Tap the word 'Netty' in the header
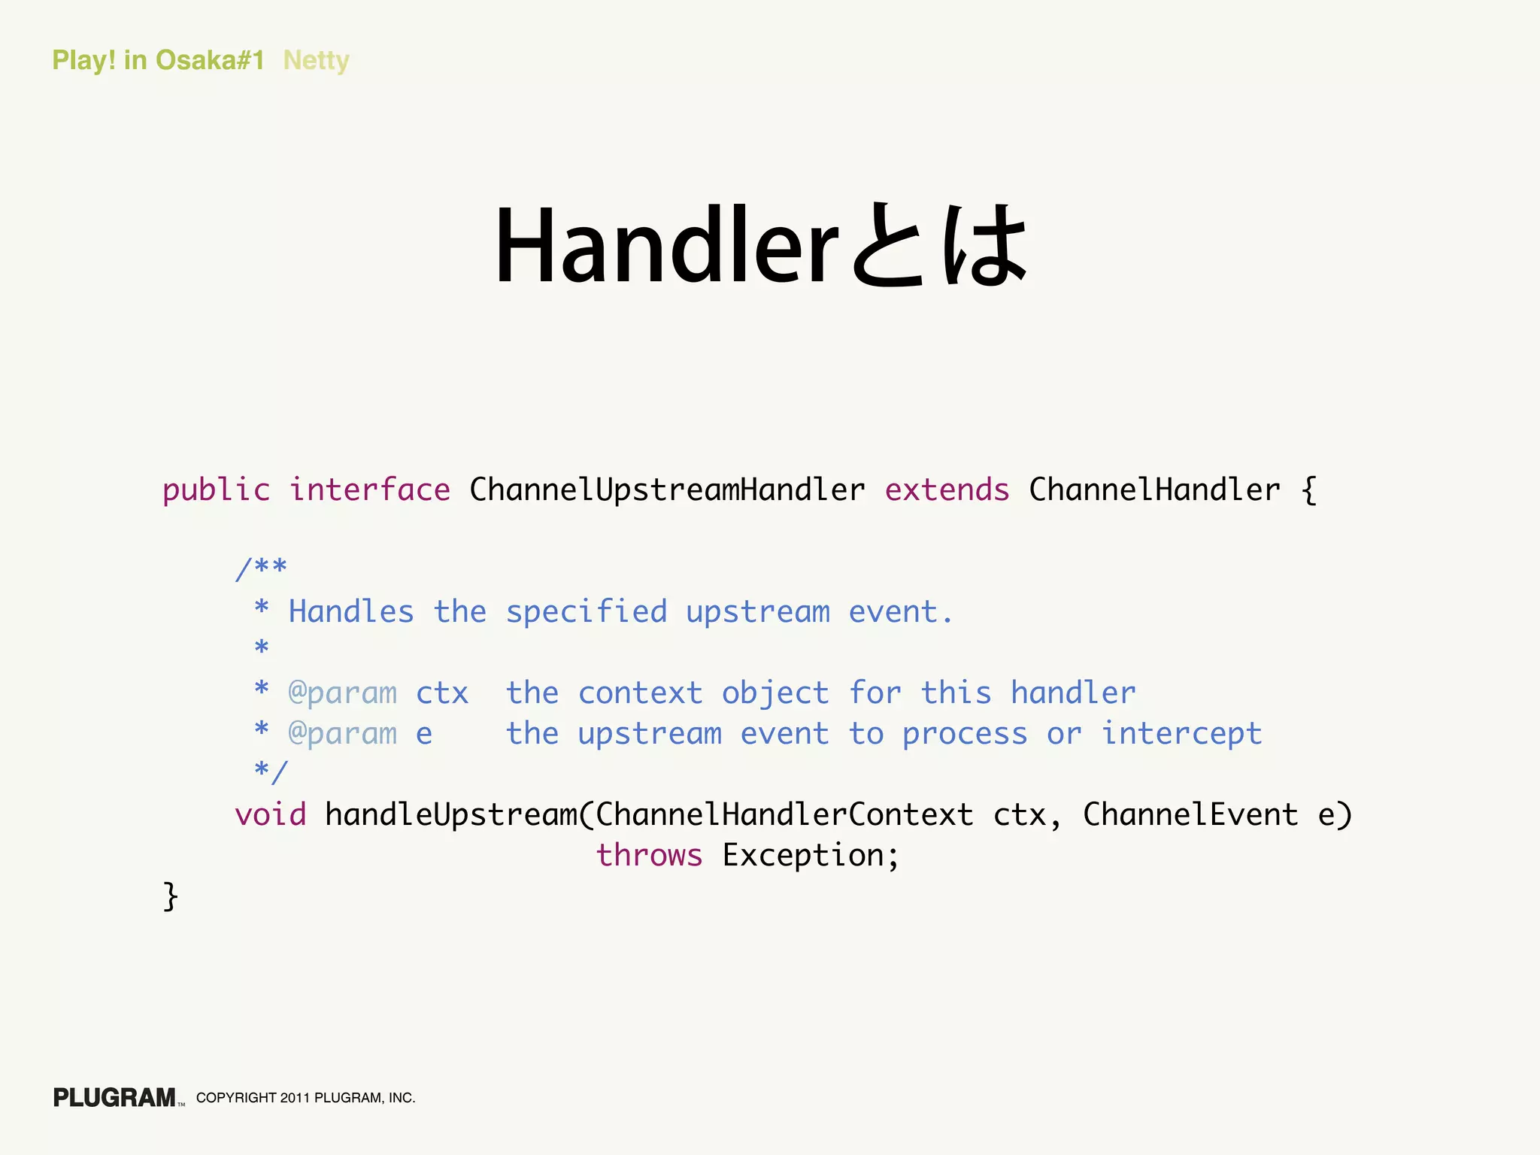point(316,60)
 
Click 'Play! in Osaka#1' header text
point(158,60)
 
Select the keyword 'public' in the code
point(216,490)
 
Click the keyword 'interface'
point(370,490)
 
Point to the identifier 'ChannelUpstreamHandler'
point(667,490)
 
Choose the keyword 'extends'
point(947,490)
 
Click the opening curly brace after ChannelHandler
point(1308,490)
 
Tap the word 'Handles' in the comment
point(351,612)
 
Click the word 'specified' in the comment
point(587,612)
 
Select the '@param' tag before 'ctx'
point(343,693)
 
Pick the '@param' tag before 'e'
point(343,734)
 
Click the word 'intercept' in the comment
point(1181,734)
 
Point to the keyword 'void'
point(271,815)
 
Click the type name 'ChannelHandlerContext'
point(784,815)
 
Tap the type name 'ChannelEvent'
point(1190,815)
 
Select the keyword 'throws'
point(650,856)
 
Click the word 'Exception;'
point(811,856)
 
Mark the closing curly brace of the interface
point(171,896)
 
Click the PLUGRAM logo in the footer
point(115,1098)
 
